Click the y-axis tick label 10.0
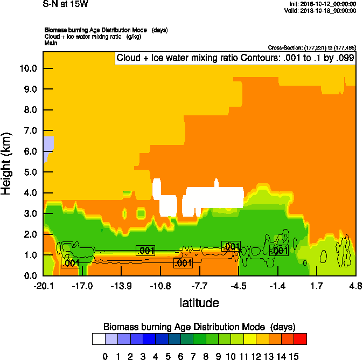point(27,68)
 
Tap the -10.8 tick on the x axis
point(160,285)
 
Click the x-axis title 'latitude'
point(199,303)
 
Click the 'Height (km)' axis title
point(8,164)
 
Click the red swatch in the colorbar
point(301,339)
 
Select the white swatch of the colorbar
point(98,339)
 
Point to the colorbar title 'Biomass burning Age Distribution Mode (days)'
point(199,327)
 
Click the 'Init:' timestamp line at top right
point(322,4)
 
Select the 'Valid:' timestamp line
point(322,10)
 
